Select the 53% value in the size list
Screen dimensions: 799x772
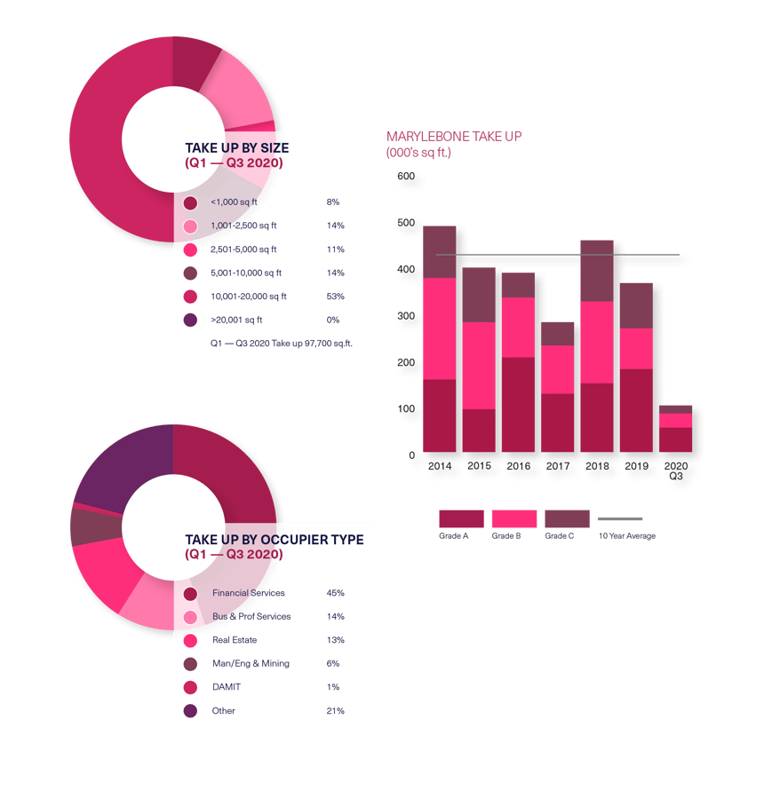[x=335, y=297]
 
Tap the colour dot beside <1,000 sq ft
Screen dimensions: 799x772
[x=190, y=202]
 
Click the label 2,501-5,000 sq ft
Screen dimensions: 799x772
[x=243, y=249]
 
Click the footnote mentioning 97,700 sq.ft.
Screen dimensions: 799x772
[x=281, y=343]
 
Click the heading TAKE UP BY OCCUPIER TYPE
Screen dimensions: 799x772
[x=274, y=540]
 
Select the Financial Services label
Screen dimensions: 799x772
[x=248, y=593]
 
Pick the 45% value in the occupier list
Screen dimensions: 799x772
[x=335, y=593]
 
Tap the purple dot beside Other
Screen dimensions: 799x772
[x=190, y=711]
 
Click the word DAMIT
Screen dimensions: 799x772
[x=226, y=687]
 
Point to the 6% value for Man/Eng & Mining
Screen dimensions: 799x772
[x=333, y=663]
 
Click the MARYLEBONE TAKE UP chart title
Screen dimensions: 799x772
[x=454, y=137]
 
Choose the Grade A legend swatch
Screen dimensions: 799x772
[x=461, y=518]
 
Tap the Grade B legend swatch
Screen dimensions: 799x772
[x=514, y=518]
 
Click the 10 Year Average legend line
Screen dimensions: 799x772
[x=620, y=518]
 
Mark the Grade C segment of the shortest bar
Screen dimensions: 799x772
[x=675, y=408]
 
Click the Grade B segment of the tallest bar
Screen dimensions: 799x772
[x=439, y=328]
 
